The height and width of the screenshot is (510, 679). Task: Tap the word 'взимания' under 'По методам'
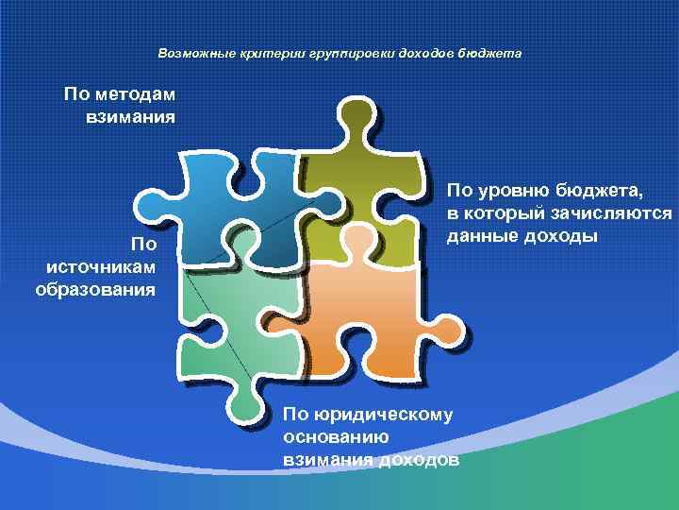pos(130,117)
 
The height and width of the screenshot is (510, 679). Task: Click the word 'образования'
pos(95,288)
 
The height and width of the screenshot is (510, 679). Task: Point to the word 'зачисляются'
pos(620,214)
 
